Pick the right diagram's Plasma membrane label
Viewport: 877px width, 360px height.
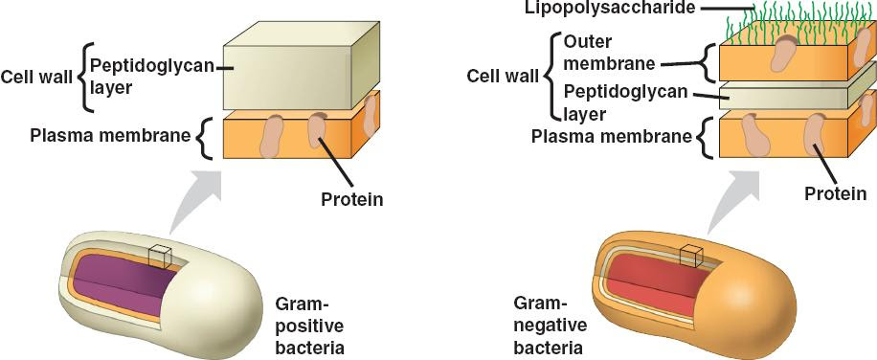612,136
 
